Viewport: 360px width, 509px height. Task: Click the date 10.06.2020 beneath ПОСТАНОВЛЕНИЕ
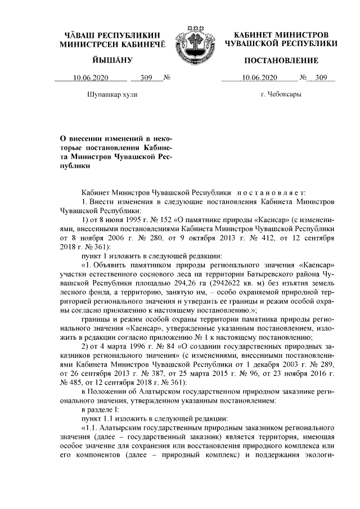coord(259,78)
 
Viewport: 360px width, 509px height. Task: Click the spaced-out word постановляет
coord(270,192)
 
